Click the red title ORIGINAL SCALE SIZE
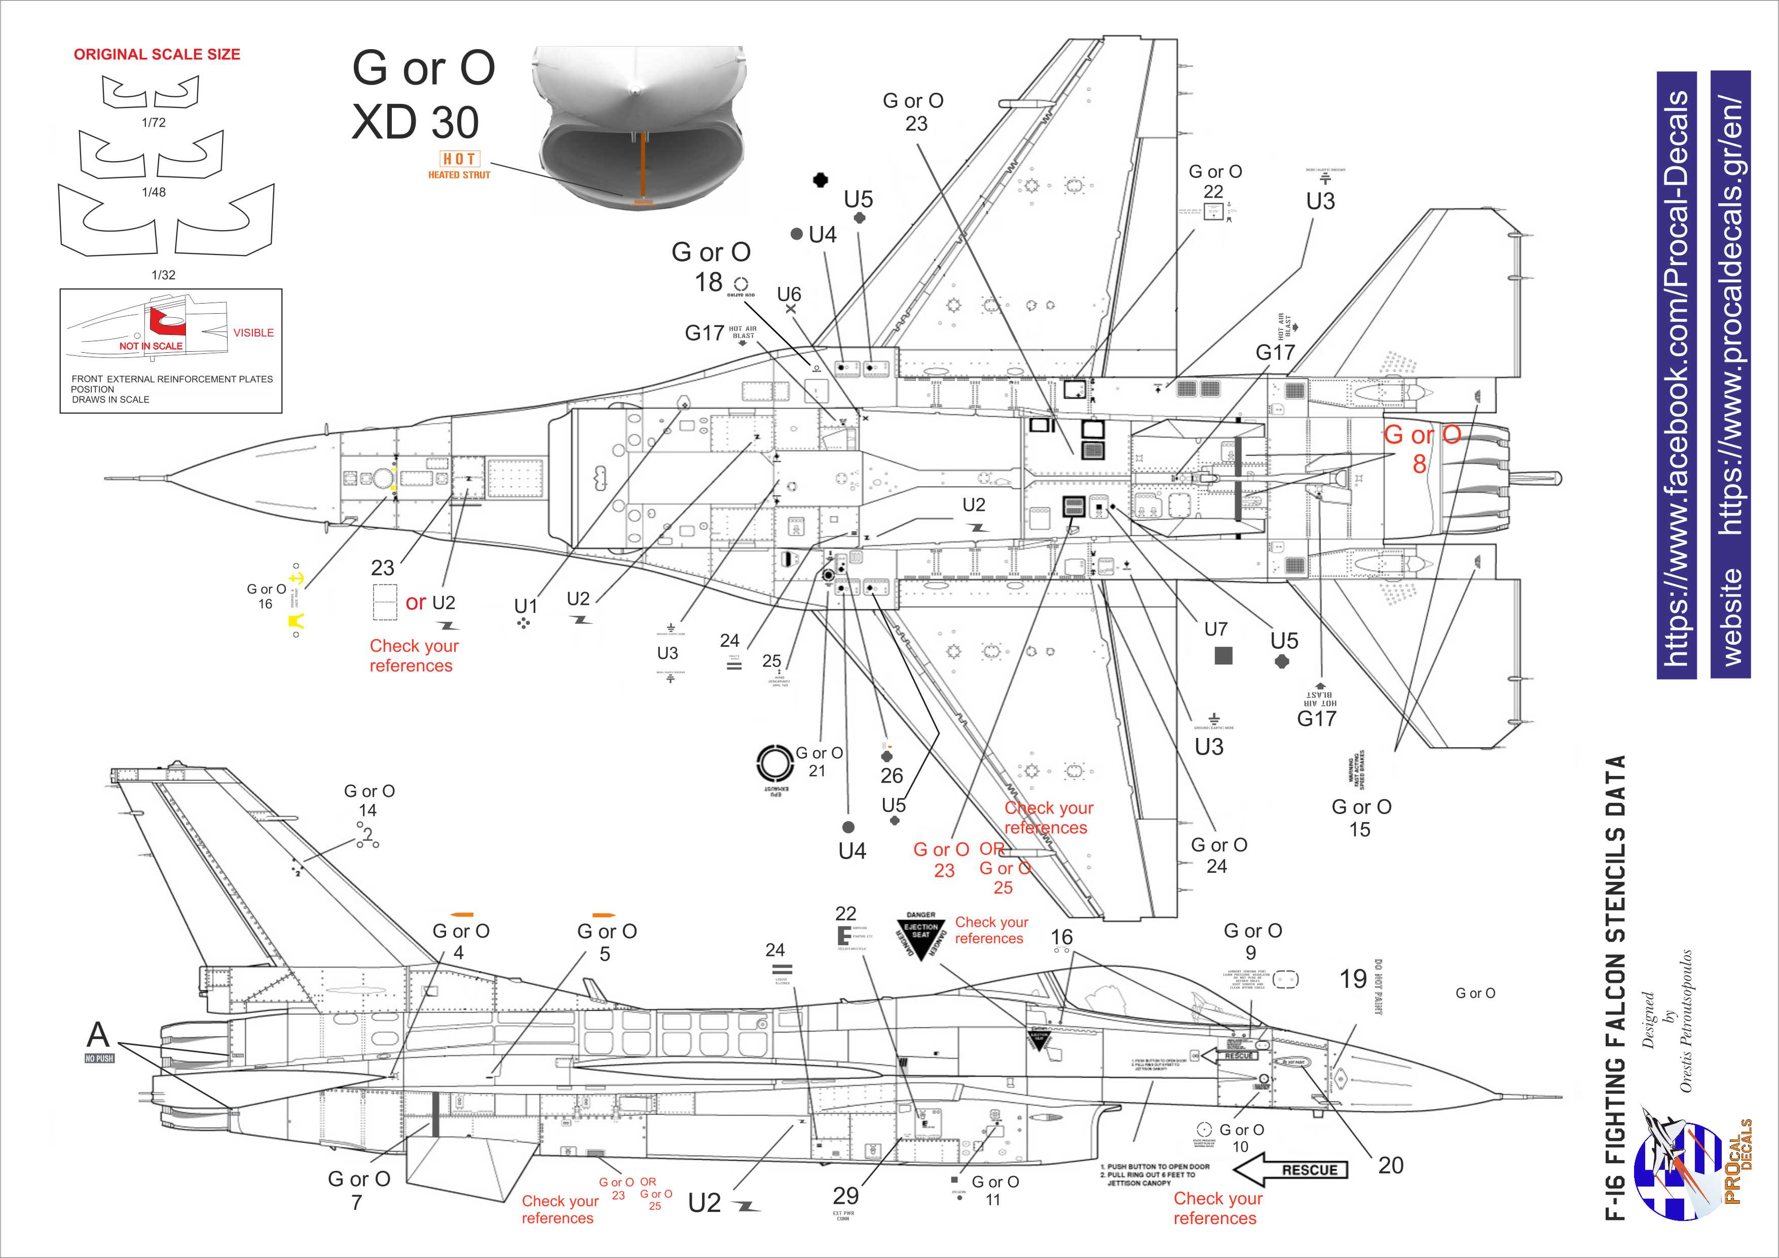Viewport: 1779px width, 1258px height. [157, 54]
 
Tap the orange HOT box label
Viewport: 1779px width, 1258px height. [460, 159]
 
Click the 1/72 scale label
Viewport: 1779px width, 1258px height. [154, 122]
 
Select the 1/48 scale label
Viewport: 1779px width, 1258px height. [154, 192]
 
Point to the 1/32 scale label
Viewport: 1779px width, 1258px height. [164, 275]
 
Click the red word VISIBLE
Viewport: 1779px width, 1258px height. [253, 332]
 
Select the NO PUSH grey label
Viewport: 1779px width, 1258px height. [99, 1058]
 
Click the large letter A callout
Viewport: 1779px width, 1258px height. [98, 1035]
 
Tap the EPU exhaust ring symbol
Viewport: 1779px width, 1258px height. [773, 764]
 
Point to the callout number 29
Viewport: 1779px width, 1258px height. [846, 1195]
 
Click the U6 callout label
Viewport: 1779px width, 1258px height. [789, 294]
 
